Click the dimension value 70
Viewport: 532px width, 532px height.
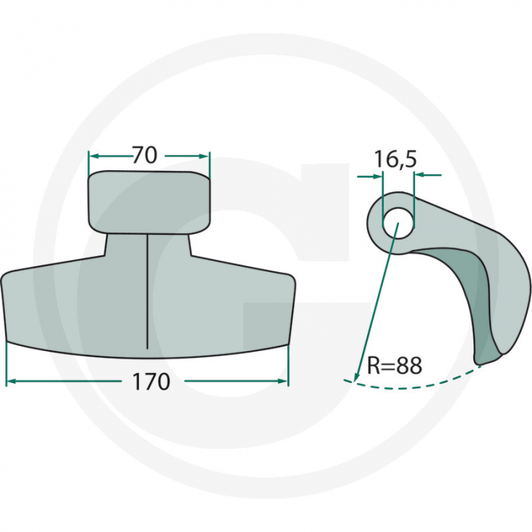tap(144, 155)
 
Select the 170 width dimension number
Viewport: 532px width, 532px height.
tap(151, 382)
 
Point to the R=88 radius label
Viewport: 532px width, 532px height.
tap(394, 366)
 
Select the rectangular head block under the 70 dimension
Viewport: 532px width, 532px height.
tap(149, 202)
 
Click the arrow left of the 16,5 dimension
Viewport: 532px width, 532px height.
tap(377, 176)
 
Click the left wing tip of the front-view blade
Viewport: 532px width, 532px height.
tap(4, 280)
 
